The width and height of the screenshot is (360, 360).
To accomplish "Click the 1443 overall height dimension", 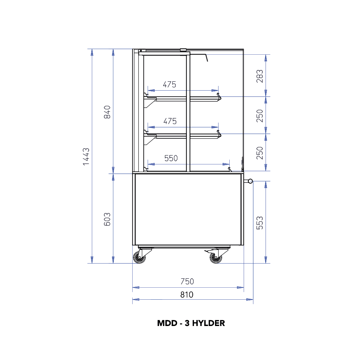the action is pyautogui.click(x=86, y=157).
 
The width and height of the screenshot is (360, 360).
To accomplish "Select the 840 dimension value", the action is pyautogui.click(x=107, y=112).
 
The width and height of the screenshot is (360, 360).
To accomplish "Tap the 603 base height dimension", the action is pyautogui.click(x=107, y=219).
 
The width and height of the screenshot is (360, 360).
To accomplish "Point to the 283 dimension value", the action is pyautogui.click(x=260, y=76).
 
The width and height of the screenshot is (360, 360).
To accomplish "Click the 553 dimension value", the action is pyautogui.click(x=260, y=223).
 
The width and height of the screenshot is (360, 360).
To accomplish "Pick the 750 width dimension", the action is pyautogui.click(x=187, y=281).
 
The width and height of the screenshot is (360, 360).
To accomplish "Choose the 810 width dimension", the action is pyautogui.click(x=187, y=295).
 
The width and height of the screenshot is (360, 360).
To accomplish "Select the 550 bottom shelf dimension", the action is pyautogui.click(x=171, y=158).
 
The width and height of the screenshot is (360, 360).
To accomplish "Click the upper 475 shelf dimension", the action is pyautogui.click(x=169, y=84).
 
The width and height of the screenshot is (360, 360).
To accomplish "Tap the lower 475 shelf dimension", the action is pyautogui.click(x=170, y=121).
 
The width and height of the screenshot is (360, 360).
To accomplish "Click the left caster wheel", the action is pyautogui.click(x=139, y=257).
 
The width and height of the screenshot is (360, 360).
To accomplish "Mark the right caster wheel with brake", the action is pyautogui.click(x=216, y=257).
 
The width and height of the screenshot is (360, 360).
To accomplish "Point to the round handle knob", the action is pyautogui.click(x=250, y=181).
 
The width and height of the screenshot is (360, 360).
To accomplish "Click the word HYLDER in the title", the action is pyautogui.click(x=208, y=323).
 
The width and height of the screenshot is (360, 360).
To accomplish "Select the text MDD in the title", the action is pyautogui.click(x=167, y=323).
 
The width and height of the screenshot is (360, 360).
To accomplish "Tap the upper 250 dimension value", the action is pyautogui.click(x=260, y=116).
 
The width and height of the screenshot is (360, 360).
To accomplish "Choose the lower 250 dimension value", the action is pyautogui.click(x=260, y=153).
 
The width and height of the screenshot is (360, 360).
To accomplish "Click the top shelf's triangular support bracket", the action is pyautogui.click(x=150, y=103).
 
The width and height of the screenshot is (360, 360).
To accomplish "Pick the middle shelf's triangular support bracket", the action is pyautogui.click(x=150, y=140).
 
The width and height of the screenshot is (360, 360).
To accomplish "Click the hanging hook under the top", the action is pyautogui.click(x=206, y=57).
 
